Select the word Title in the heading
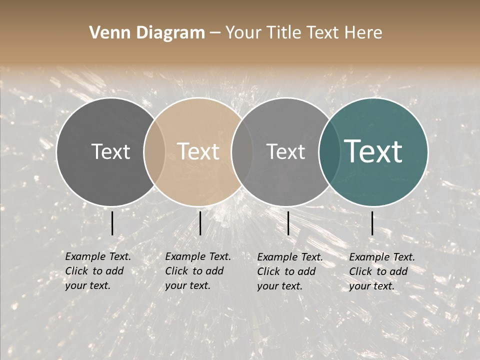(286, 33)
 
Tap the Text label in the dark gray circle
(110, 151)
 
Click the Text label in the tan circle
(198, 151)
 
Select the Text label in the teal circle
(373, 151)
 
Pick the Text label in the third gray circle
(285, 151)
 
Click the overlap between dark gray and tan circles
(154, 151)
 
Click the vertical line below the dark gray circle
(112, 223)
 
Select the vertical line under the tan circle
(200, 223)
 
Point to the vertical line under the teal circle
(372, 223)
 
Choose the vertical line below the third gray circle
(288, 223)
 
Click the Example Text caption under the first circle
(97, 271)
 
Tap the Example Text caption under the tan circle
(197, 271)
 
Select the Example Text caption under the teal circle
(381, 271)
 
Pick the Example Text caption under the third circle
(289, 271)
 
